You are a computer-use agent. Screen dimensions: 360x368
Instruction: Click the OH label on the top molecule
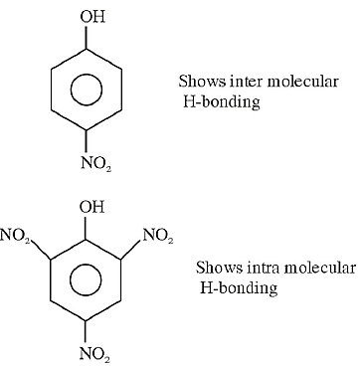click(92, 17)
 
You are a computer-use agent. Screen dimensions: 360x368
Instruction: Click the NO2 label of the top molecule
click(96, 164)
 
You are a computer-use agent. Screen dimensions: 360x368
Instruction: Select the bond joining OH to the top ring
click(87, 37)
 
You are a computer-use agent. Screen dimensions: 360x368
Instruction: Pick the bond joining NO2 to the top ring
click(87, 141)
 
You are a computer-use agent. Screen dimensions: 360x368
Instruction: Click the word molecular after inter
click(302, 82)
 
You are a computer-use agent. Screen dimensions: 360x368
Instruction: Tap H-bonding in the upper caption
click(222, 102)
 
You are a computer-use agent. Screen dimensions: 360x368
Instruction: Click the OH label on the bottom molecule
click(91, 208)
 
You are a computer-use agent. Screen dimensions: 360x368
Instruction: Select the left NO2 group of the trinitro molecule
click(15, 236)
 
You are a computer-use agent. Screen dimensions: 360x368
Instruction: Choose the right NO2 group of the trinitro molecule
click(158, 236)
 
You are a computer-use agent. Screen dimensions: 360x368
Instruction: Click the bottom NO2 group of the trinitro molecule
click(94, 354)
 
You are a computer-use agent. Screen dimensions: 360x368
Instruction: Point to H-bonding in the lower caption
click(239, 288)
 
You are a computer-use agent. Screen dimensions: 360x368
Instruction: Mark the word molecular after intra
click(318, 268)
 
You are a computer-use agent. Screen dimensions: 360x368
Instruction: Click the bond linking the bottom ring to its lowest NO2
click(86, 331)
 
